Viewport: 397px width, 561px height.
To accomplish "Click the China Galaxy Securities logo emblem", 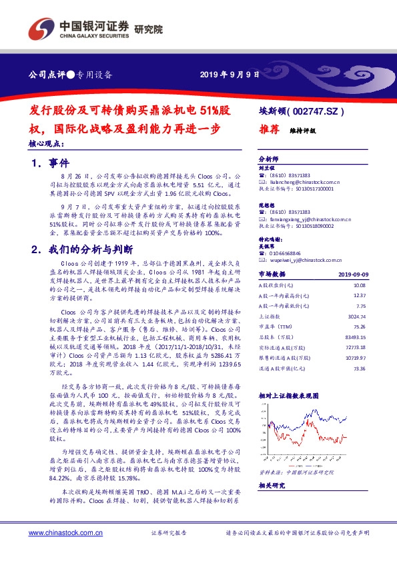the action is point(41,29).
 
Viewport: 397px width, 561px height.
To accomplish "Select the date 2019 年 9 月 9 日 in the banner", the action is point(230,74).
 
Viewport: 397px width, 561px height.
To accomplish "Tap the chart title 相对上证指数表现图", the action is point(288,395).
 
